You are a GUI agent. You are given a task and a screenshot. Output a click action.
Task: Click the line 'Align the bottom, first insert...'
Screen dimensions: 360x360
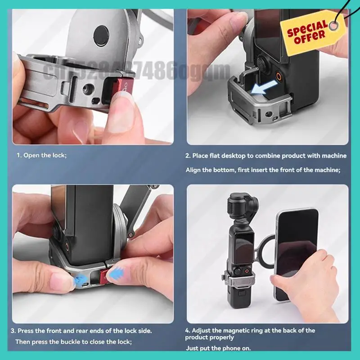pos(263,170)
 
